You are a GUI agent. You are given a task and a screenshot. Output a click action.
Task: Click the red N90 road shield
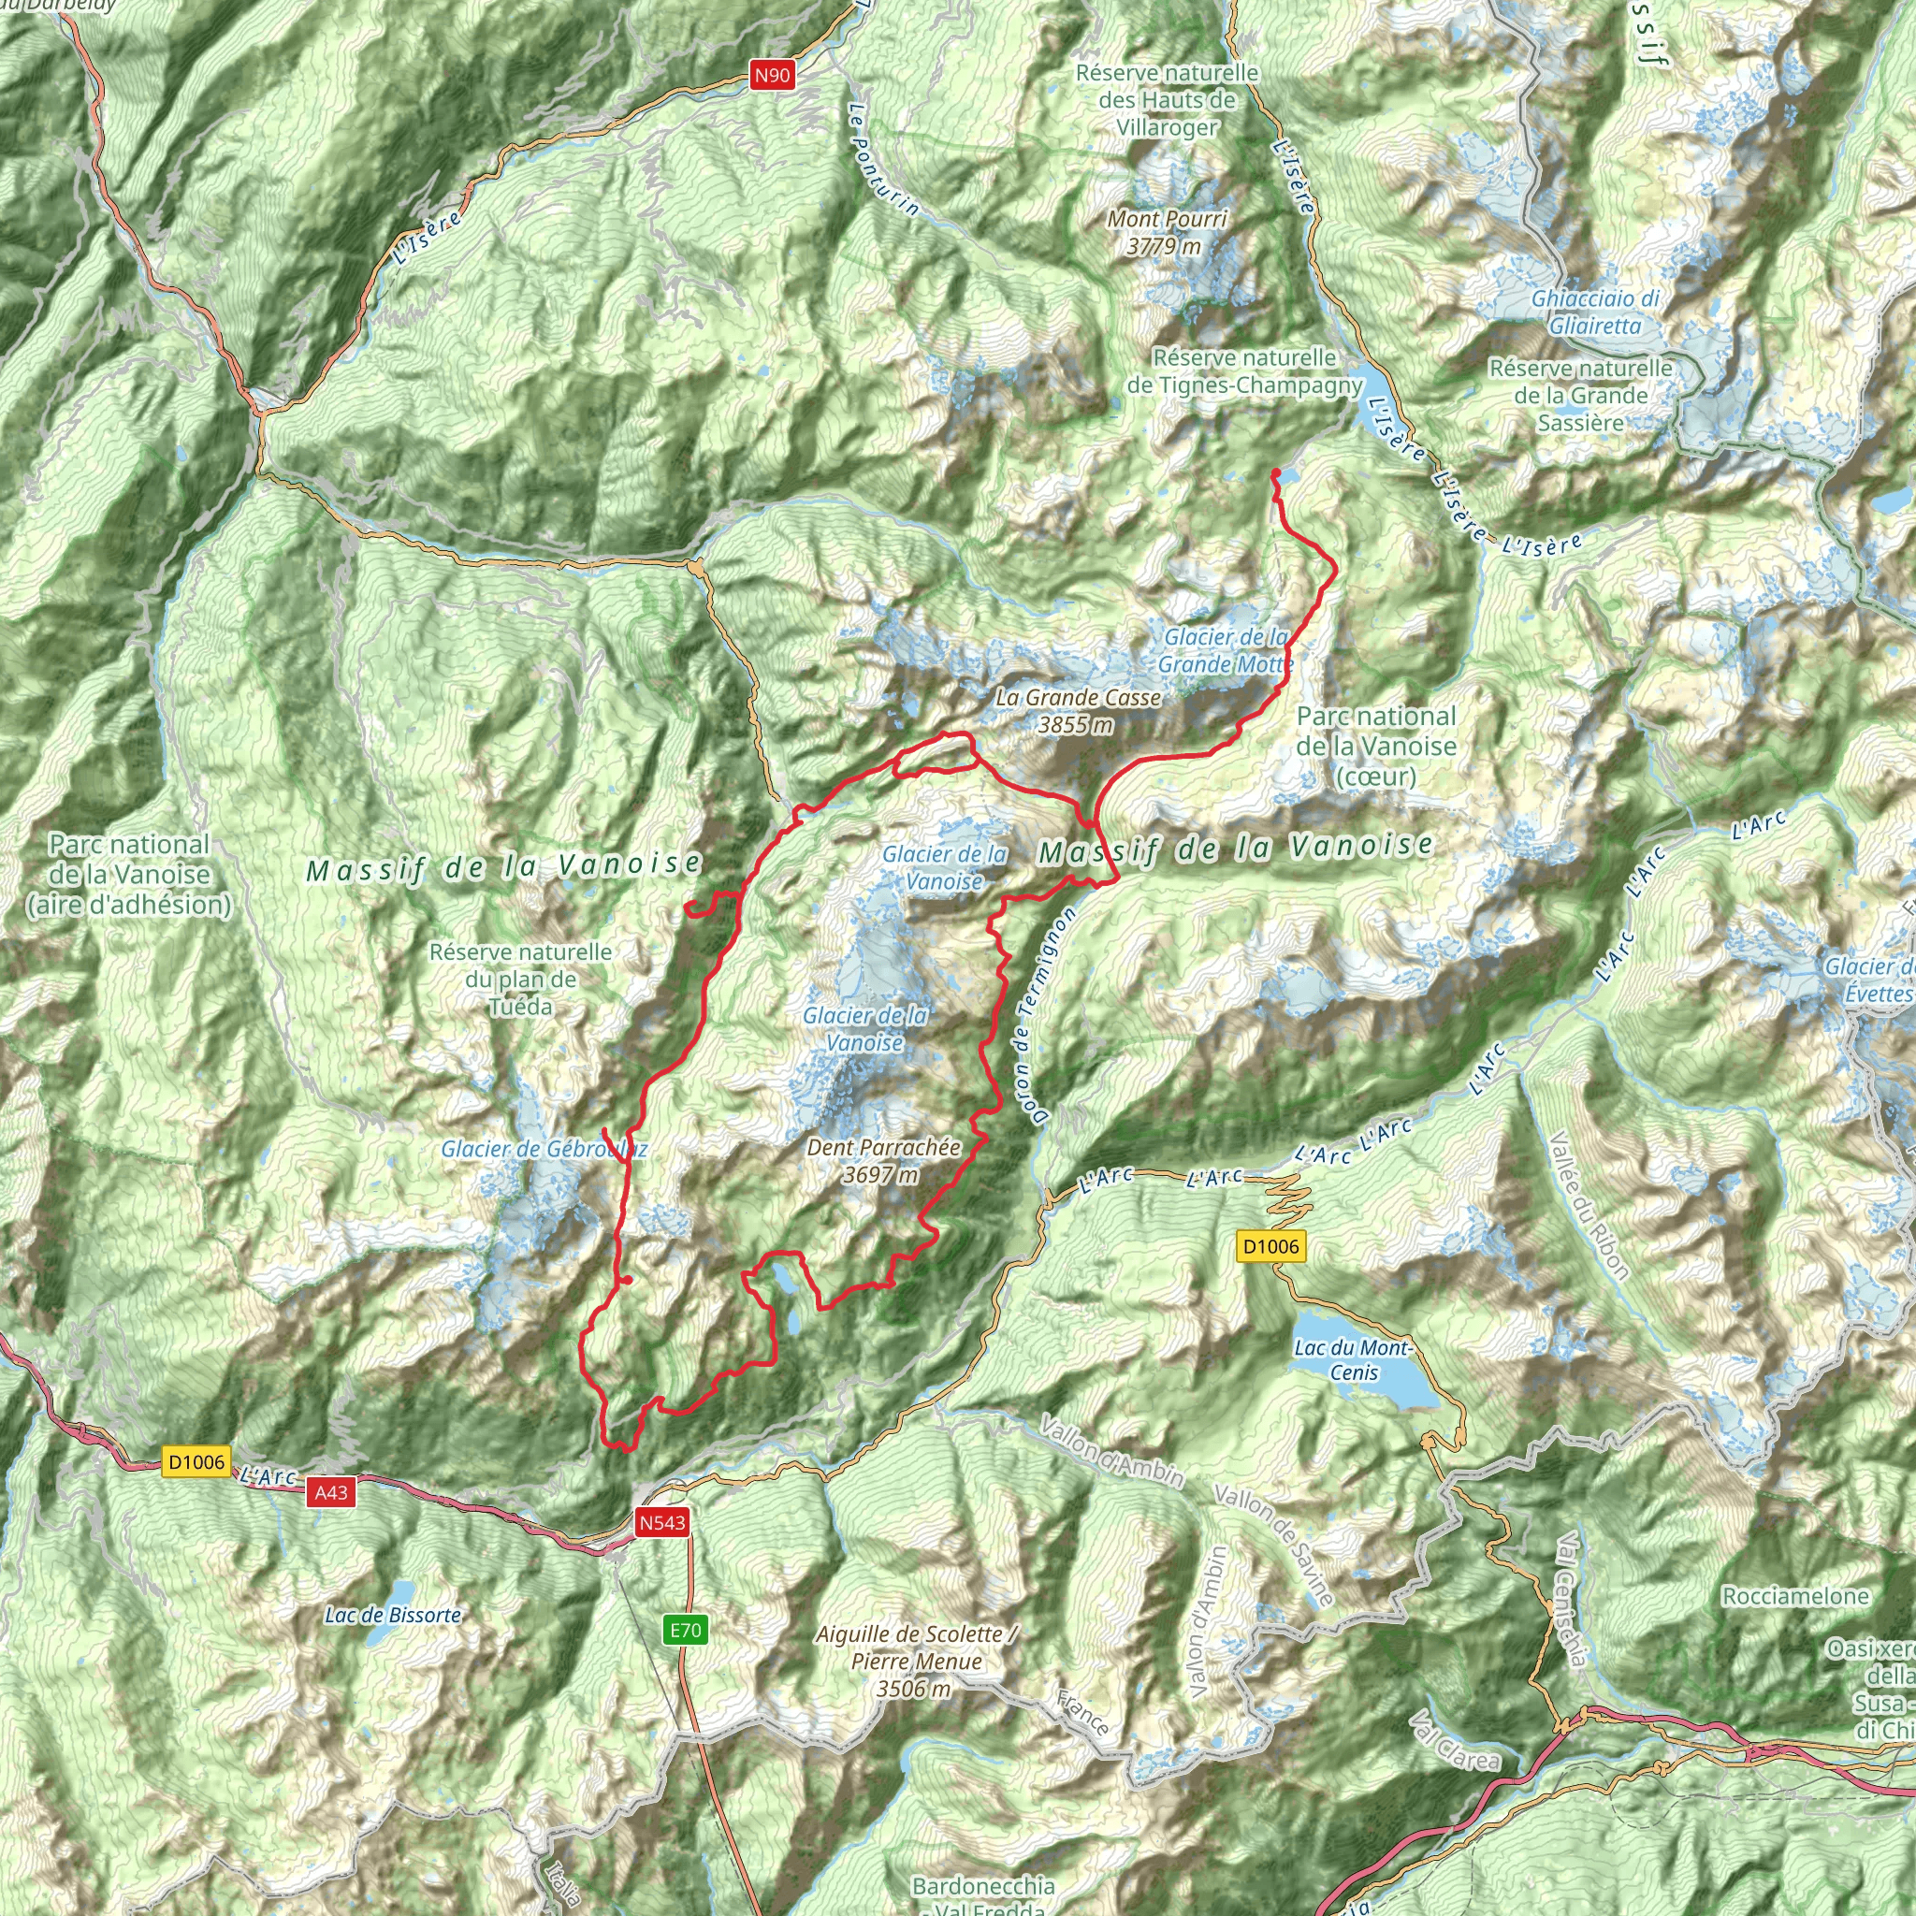[x=772, y=75]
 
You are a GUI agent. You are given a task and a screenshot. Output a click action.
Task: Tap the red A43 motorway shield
[x=331, y=1491]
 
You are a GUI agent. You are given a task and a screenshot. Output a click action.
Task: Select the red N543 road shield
[x=661, y=1522]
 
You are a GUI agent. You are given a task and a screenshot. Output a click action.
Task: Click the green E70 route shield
[x=685, y=1630]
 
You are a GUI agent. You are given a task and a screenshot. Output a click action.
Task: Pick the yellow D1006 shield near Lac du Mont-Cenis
[x=1270, y=1246]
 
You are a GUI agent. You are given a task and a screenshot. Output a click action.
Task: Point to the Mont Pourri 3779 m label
[x=1167, y=232]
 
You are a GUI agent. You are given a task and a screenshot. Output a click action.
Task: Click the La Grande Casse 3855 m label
[x=1078, y=711]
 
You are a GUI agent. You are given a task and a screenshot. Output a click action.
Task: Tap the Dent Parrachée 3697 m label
[x=882, y=1160]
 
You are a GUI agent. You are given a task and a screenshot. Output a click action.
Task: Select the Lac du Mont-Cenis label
[x=1354, y=1359]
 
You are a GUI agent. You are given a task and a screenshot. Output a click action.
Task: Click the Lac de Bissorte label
[x=393, y=1616]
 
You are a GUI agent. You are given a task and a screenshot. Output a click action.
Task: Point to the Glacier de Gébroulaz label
[x=544, y=1150]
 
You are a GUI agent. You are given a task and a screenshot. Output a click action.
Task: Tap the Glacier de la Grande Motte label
[x=1227, y=650]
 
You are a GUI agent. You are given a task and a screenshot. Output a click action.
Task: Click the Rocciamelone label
[x=1795, y=1596]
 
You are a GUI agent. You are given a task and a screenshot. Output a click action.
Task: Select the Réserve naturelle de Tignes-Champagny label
[x=1244, y=370]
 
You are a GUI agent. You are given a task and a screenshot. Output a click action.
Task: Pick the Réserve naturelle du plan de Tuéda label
[x=521, y=979]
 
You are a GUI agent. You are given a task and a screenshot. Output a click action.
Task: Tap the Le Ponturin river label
[x=883, y=160]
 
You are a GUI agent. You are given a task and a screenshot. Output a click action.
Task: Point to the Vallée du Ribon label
[x=1589, y=1205]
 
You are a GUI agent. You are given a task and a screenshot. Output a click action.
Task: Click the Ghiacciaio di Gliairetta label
[x=1596, y=312]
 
